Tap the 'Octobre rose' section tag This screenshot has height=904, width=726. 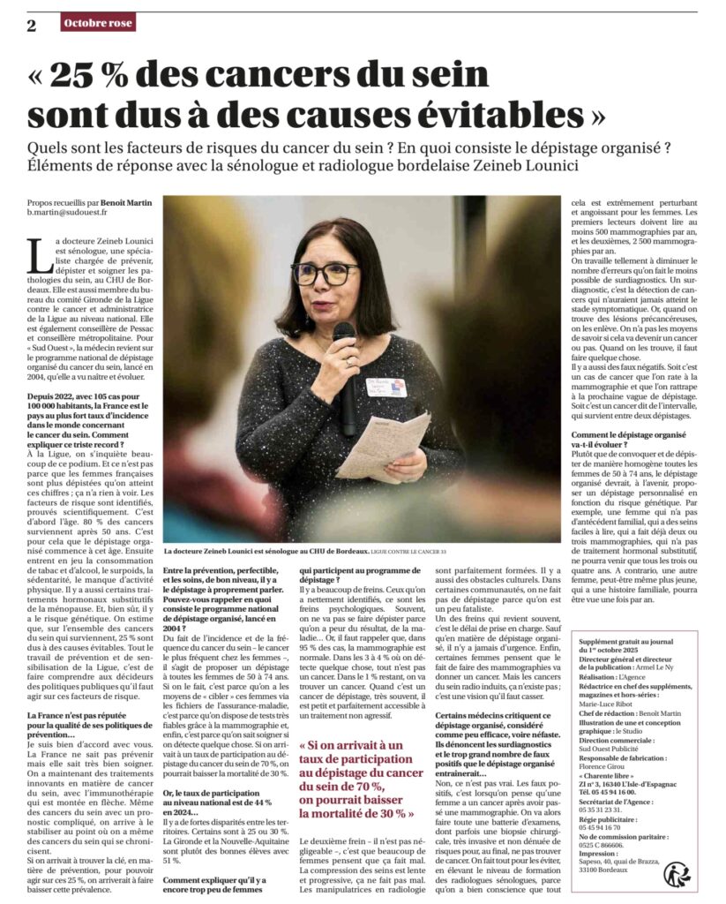coord(99,22)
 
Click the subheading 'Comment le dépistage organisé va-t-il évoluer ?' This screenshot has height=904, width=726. coord(628,439)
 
